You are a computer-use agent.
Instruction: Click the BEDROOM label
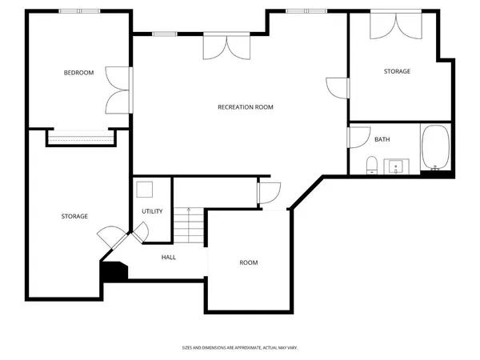coord(78,73)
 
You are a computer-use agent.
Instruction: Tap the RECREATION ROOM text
coord(245,106)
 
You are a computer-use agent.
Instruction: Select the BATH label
coord(382,139)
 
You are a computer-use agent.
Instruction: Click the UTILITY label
coord(152,211)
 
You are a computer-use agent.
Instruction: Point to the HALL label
coord(169,257)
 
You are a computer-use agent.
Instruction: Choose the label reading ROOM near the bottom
coord(249,262)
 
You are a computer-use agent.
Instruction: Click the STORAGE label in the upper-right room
coord(397,71)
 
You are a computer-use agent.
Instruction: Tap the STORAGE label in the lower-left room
coord(74,216)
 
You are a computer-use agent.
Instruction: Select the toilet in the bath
coord(371,166)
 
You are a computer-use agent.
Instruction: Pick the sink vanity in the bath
coord(396,166)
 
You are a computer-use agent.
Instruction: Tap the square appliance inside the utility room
coord(145,190)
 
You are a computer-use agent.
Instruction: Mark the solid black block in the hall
coord(114,271)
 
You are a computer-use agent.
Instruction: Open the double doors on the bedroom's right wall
coord(118,90)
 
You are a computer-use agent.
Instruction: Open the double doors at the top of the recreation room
coord(220,46)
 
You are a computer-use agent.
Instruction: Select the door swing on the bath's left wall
coord(355,137)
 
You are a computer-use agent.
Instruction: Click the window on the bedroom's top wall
coord(79,11)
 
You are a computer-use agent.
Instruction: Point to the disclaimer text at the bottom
coord(239,348)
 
